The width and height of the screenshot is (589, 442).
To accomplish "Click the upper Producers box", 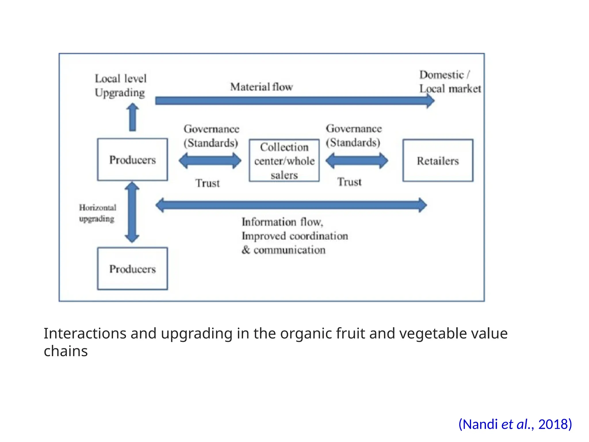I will pos(132,160).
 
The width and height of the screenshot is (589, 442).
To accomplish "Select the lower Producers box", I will pos(132,268).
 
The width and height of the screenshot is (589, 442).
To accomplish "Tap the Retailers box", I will pos(438,161).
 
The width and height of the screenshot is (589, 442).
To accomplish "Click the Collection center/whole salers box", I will pos(284,161).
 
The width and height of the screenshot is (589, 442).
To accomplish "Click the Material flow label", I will pos(261,87).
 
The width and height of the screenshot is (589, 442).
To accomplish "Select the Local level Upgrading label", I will pos(121,85).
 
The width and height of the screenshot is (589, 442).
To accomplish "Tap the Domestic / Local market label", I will pos(450,82).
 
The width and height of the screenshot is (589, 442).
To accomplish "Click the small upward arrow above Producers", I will pos(133,117).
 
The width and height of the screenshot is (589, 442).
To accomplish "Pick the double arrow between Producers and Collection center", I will pos(210,161).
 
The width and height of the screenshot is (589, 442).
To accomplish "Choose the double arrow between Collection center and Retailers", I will pos(357,161).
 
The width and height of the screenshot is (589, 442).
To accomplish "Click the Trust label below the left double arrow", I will pos(207,183).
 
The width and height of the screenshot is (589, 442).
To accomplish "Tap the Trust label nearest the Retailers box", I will pos(349,182).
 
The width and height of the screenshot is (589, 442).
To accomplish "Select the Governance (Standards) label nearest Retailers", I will pos(353,136).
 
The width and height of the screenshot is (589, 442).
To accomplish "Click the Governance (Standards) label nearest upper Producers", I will pos(211,136).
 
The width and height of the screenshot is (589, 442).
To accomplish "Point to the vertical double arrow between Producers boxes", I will pos(132,212).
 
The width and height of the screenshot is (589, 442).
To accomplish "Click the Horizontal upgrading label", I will pos(97,213).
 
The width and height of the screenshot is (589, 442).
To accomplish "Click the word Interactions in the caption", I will pos(85,334).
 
